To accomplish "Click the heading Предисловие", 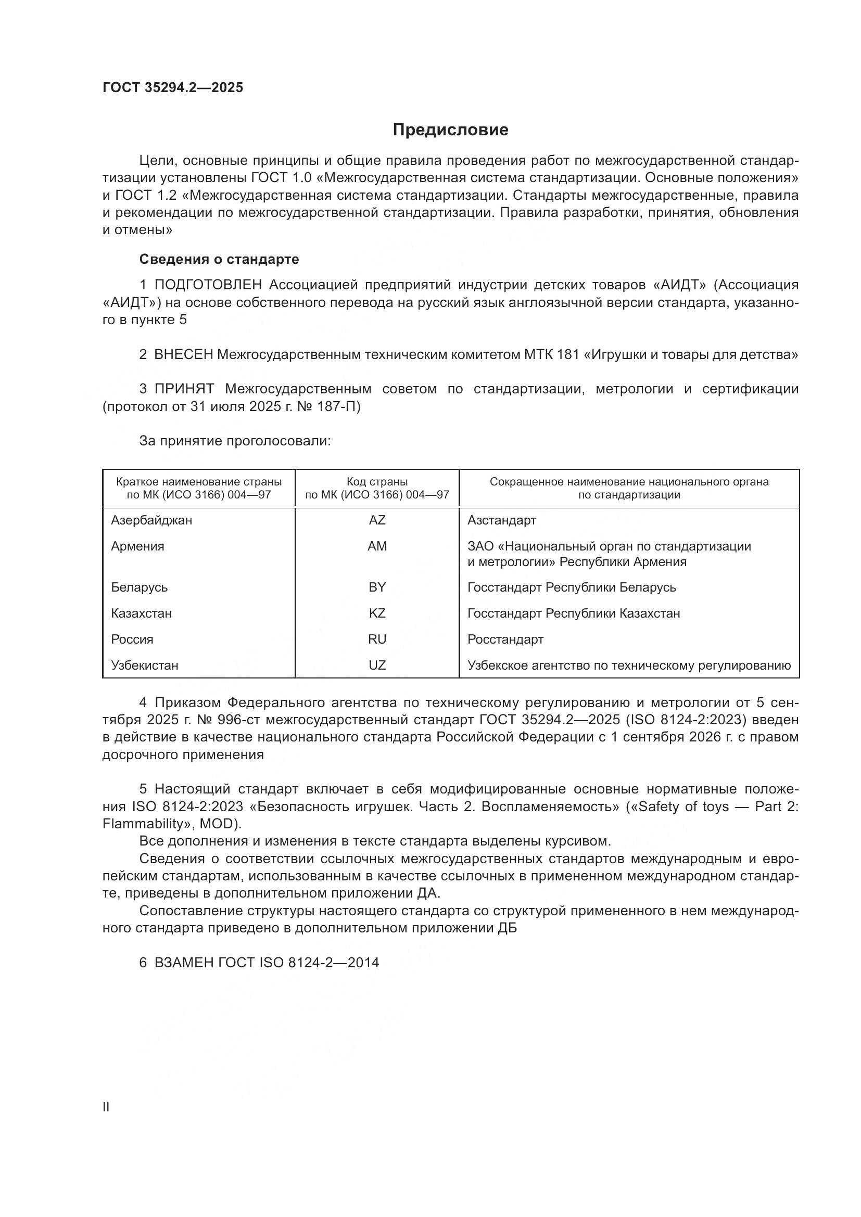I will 450,130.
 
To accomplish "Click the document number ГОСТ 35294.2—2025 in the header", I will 173,87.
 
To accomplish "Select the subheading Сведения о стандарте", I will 219,259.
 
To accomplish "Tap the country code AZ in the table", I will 377,520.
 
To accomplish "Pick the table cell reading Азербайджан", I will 151,520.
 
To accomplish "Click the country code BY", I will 377,587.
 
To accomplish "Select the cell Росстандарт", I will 505,639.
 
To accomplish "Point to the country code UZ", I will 377,665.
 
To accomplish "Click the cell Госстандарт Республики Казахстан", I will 574,613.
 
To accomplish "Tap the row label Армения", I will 138,546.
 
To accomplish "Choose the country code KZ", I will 377,613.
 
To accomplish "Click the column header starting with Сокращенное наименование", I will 629,488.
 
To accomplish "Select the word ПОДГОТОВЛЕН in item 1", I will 208,285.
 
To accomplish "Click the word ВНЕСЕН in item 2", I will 183,355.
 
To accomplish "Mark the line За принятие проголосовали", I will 235,441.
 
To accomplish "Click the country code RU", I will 377,639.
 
